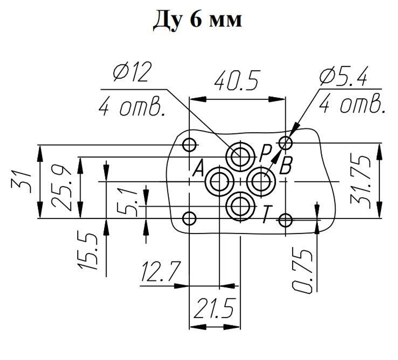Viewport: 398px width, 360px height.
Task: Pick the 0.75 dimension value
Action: pyautogui.click(x=302, y=271)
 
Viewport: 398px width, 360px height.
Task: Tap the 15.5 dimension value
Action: pyautogui.click(x=88, y=250)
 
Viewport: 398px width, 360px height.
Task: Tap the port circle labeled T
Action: pyautogui.click(x=240, y=206)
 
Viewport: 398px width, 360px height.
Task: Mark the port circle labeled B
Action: pyautogui.click(x=261, y=182)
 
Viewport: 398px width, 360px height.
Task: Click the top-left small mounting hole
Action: pyautogui.click(x=189, y=144)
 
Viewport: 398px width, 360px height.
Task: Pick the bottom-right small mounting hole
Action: pyautogui.click(x=286, y=220)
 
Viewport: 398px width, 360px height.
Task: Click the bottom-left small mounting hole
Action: pyautogui.click(x=189, y=218)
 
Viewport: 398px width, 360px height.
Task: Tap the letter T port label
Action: pyautogui.click(x=267, y=215)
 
